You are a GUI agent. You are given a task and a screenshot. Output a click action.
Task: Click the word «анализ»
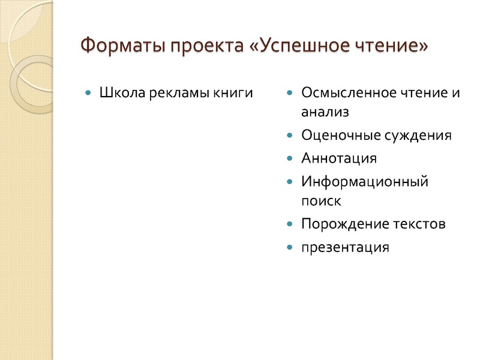point(325,112)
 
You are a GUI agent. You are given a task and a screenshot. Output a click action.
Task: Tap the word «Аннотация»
point(339,158)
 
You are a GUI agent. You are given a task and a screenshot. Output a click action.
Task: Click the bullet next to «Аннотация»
point(290,158)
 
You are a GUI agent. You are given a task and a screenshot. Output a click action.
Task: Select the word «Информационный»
point(365,181)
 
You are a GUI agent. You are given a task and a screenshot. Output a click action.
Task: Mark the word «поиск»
point(321,200)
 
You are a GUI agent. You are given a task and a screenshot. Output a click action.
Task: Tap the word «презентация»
point(345,247)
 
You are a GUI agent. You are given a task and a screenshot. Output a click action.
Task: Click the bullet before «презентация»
point(290,247)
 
